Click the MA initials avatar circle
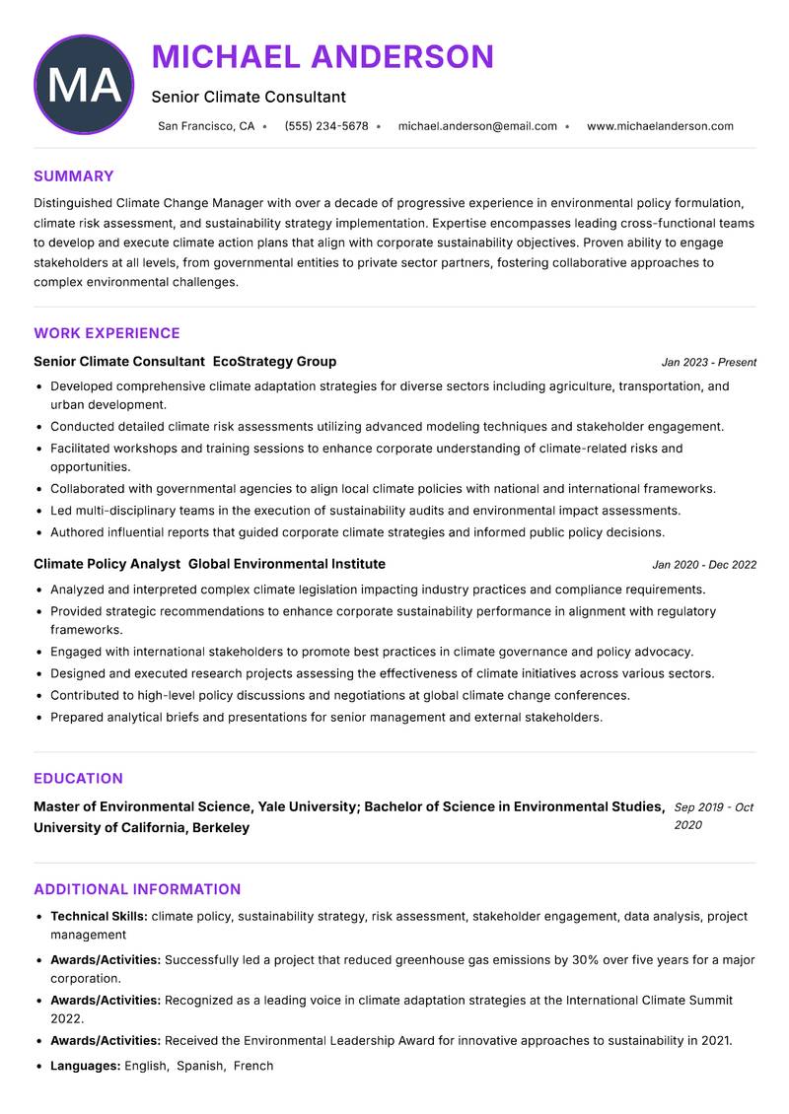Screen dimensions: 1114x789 click(x=84, y=85)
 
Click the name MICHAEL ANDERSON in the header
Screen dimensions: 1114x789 click(x=323, y=56)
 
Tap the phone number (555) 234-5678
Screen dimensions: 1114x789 click(x=326, y=126)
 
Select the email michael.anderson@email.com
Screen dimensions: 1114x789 click(x=477, y=126)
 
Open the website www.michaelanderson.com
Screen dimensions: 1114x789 click(x=660, y=126)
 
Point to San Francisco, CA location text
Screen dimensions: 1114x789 click(x=206, y=126)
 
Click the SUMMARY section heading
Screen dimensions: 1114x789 click(x=74, y=176)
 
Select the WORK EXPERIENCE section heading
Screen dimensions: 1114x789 click(x=107, y=333)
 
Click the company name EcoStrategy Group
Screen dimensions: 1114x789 click(x=274, y=362)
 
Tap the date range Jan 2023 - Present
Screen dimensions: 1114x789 click(x=709, y=363)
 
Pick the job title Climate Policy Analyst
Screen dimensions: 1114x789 click(x=107, y=564)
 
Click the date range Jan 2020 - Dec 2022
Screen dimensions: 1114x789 click(x=704, y=565)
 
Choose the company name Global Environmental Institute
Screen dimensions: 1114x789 click(x=286, y=564)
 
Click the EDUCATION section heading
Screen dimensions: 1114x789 click(x=78, y=778)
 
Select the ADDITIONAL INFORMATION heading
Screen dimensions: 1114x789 click(x=137, y=889)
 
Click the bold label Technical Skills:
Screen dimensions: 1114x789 click(x=99, y=917)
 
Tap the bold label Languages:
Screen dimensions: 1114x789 click(x=86, y=1066)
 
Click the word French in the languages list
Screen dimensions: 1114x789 click(x=253, y=1066)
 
